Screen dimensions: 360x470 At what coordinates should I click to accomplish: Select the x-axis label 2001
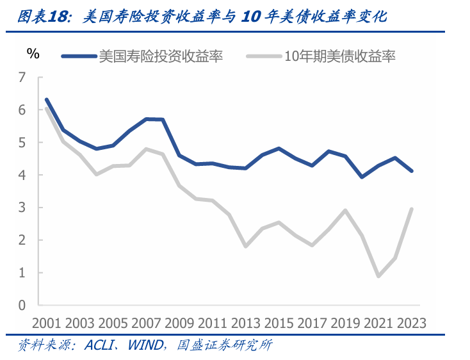pyautogui.click(x=46, y=322)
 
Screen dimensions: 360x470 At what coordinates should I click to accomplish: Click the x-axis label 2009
pyautogui.click(x=181, y=322)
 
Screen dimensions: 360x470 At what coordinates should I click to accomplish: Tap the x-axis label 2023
pyautogui.click(x=411, y=322)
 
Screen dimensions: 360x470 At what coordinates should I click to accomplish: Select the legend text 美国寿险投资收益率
pyautogui.click(x=160, y=56)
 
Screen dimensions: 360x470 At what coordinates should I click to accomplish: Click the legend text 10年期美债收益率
pyautogui.click(x=339, y=56)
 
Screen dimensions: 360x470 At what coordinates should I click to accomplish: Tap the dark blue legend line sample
pyautogui.click(x=79, y=56)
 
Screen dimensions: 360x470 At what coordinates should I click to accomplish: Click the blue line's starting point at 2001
pyautogui.click(x=46, y=100)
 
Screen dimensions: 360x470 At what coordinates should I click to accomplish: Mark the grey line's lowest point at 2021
pyautogui.click(x=379, y=276)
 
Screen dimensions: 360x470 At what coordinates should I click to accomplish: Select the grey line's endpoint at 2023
pyautogui.click(x=412, y=209)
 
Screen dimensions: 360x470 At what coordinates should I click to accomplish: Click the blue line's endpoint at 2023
pyautogui.click(x=412, y=171)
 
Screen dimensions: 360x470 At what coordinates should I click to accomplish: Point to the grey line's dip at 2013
pyautogui.click(x=246, y=246)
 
